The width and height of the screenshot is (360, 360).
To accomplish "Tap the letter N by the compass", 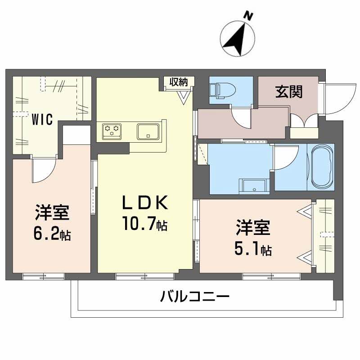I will tap(247, 16).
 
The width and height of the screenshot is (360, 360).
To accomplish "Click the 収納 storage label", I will tap(179, 82).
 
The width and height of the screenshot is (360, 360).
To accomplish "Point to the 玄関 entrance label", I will tap(288, 92).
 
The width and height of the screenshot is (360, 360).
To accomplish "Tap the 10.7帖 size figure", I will tap(144, 224).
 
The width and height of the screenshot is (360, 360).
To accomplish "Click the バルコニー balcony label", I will tap(195, 297).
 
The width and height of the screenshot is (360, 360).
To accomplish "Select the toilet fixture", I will tap(221, 89).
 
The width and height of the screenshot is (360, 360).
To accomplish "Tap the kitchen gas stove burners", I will tap(112, 130).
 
